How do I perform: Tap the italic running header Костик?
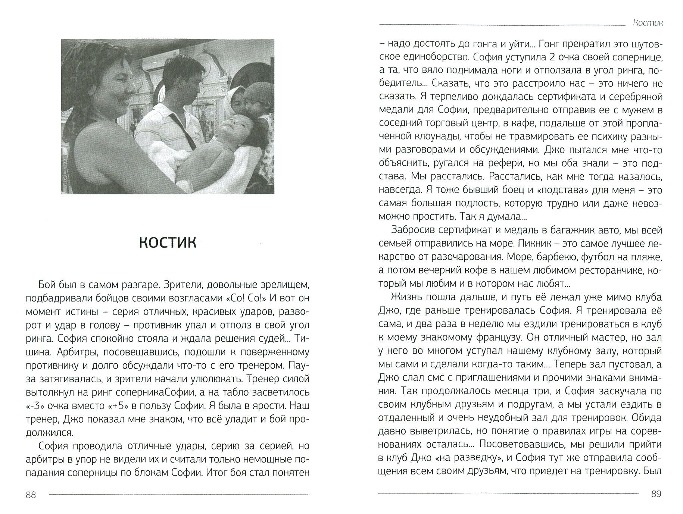click(648, 23)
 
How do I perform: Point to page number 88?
click(31, 495)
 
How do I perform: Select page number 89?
click(656, 494)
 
